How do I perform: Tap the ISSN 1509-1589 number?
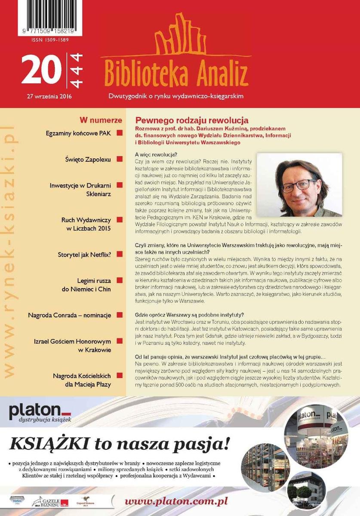pos(50,40)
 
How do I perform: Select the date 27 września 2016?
pos(49,96)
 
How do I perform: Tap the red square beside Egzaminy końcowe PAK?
pos(120,133)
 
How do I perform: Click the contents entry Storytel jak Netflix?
pos(84,255)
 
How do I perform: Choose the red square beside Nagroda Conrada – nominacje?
pos(120,315)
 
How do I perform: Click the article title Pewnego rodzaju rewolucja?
pos(192,120)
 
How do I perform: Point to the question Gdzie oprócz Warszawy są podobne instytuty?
pos(189,314)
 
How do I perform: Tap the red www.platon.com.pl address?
pos(176,501)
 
